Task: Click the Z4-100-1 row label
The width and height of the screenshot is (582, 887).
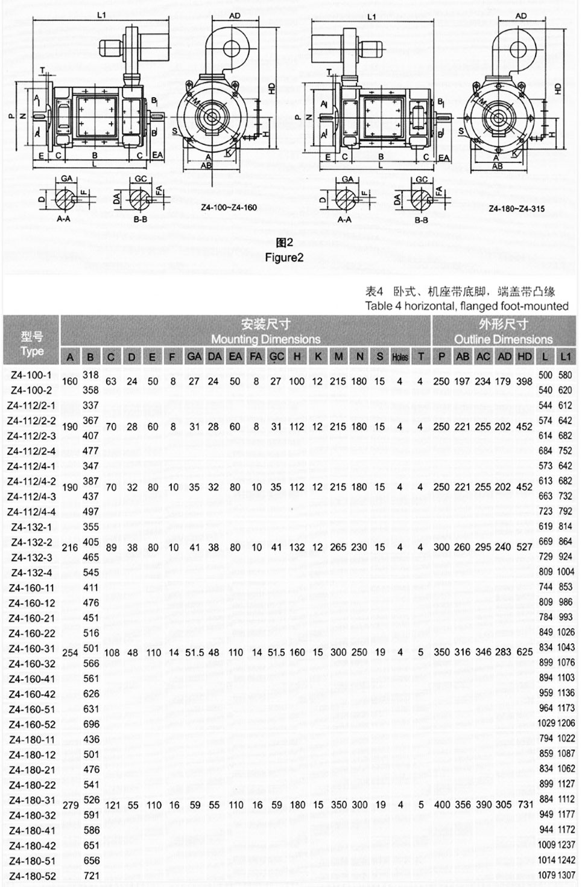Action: click(x=31, y=375)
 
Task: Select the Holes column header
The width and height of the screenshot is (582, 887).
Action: click(x=400, y=357)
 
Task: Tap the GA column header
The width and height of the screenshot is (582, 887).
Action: click(x=194, y=357)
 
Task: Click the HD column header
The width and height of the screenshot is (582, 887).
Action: click(x=525, y=357)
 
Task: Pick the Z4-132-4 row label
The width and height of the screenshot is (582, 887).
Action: click(x=31, y=572)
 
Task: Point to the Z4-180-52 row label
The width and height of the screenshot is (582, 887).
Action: click(x=33, y=876)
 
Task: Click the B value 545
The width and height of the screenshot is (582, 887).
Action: click(x=91, y=572)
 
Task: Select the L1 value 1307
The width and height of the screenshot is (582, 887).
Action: click(x=566, y=875)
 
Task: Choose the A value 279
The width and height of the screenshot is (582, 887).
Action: click(x=71, y=804)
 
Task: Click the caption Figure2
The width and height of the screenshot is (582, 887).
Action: click(x=284, y=258)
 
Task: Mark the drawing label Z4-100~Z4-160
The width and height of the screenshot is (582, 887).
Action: click(x=229, y=208)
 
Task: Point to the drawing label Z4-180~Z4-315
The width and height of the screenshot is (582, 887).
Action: click(x=517, y=209)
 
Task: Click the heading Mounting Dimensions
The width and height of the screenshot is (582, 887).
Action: click(x=265, y=339)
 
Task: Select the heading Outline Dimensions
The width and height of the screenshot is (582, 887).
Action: click(x=503, y=339)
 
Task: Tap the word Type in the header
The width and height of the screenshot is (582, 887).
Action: click(x=32, y=351)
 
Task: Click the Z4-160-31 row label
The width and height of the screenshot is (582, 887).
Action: click(x=33, y=649)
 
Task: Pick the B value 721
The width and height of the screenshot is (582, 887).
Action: click(x=91, y=876)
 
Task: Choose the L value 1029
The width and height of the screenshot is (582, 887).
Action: click(x=546, y=723)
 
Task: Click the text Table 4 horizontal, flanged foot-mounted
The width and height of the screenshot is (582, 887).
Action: click(x=466, y=306)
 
